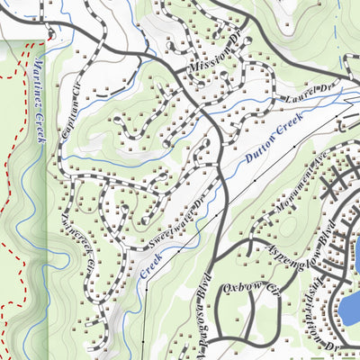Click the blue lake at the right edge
[349, 307]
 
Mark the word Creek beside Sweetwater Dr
[149, 263]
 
